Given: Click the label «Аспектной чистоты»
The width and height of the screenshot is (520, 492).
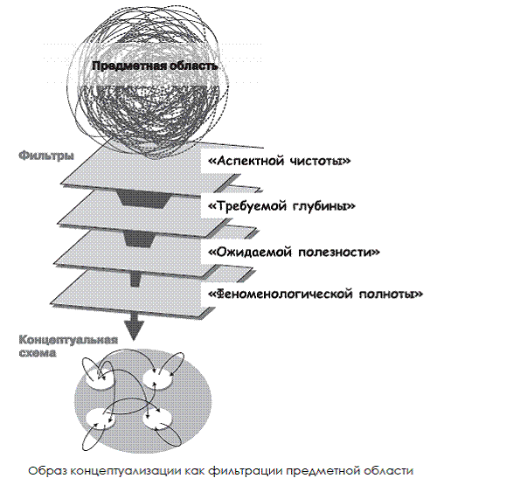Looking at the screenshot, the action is click(x=280, y=161).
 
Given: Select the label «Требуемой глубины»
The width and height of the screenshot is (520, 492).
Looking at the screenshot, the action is click(x=281, y=206).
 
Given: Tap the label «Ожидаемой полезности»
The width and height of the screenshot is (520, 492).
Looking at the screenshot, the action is click(x=294, y=252).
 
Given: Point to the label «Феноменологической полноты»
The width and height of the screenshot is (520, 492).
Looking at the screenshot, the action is click(x=315, y=294).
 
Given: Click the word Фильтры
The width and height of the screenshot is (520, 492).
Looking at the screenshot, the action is click(x=46, y=156).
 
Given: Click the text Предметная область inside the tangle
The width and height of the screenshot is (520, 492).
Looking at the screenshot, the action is click(x=155, y=66).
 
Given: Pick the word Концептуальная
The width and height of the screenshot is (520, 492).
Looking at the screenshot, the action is click(x=68, y=341).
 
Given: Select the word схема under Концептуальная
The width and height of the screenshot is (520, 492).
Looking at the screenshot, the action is click(x=37, y=353).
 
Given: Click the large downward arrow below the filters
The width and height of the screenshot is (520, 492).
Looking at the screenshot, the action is click(x=134, y=326).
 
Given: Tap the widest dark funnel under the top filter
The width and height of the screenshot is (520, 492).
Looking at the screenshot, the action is click(x=143, y=200).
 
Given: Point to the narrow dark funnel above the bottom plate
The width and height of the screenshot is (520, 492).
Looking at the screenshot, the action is click(x=134, y=280).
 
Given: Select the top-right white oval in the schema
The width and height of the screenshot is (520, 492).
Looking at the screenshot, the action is click(x=158, y=379).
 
